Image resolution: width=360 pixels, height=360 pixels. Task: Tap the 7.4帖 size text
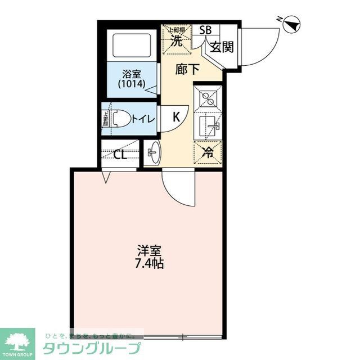(x=148, y=263)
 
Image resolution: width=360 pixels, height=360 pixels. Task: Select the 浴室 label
(x=133, y=74)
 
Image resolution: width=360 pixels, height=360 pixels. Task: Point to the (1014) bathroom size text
(x=132, y=84)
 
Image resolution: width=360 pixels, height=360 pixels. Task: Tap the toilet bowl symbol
(x=118, y=118)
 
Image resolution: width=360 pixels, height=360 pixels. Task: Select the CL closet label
(x=120, y=155)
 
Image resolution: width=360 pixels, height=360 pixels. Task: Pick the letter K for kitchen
(x=176, y=118)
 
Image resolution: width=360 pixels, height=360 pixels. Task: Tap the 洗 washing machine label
(x=177, y=40)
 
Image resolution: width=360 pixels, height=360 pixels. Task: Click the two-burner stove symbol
(x=208, y=98)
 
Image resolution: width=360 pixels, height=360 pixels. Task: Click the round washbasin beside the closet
(x=152, y=152)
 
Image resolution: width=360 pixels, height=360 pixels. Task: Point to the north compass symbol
(x=291, y=24)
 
